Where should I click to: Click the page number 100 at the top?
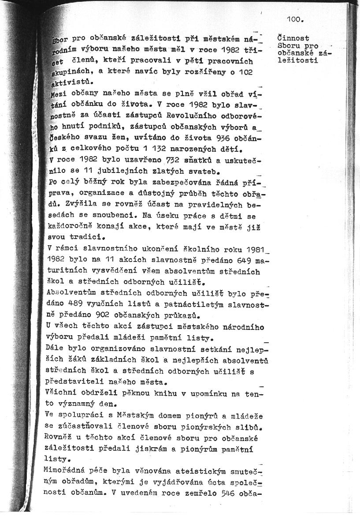295,19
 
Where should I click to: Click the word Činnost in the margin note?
293,39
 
